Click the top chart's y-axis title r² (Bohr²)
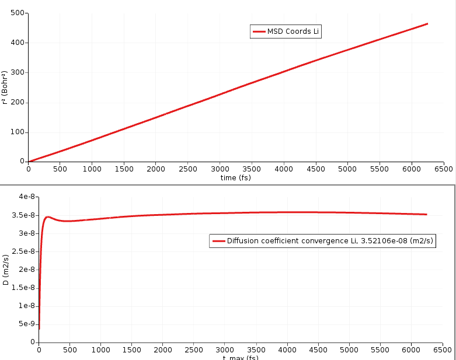coord(5,87)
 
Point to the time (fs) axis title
coord(236,177)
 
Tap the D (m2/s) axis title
coord(5,270)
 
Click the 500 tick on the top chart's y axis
coord(17,13)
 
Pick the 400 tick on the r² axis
coord(17,43)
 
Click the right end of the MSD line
coord(427,24)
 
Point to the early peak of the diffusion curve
coord(48,217)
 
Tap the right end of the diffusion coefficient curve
coord(427,214)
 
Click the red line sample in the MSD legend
coord(259,32)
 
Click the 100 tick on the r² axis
coord(17,132)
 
